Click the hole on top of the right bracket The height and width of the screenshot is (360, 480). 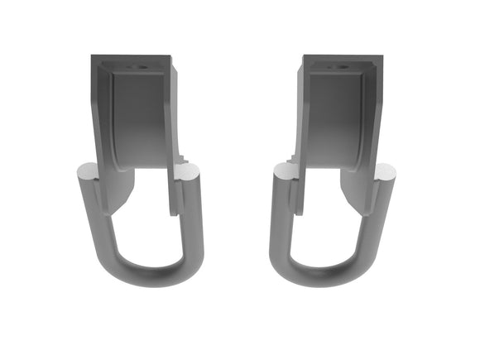[x=340, y=66]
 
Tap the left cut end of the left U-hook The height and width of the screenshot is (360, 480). [x=86, y=172]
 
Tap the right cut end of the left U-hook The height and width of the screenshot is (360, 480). [x=189, y=172]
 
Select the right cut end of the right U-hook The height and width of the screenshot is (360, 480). [x=386, y=172]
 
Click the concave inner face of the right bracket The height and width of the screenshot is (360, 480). [x=336, y=116]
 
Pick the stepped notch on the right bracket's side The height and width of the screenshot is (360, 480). [x=290, y=156]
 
